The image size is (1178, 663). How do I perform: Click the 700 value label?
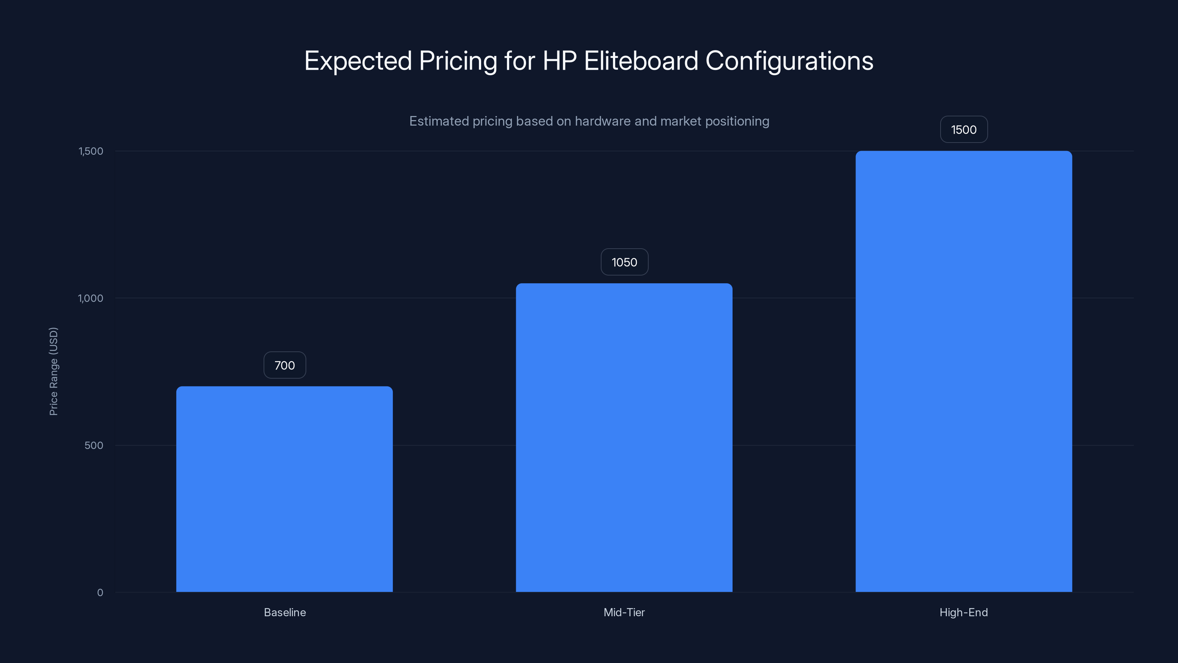click(285, 365)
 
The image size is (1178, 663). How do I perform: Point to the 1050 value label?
click(624, 262)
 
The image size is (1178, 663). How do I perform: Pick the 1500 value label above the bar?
click(963, 130)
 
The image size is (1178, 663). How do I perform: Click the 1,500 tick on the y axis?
click(91, 151)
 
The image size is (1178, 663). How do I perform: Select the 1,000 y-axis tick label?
click(91, 298)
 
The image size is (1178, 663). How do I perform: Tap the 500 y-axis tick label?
click(94, 445)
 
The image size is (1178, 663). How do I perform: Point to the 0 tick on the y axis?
click(100, 593)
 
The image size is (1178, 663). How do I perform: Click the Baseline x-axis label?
click(285, 612)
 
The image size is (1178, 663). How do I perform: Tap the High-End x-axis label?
click(963, 612)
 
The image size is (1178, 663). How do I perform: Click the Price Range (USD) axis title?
click(53, 371)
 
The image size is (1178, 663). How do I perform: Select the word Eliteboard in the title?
click(641, 61)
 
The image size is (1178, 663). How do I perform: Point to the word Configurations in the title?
click(789, 61)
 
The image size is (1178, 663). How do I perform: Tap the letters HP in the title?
click(559, 61)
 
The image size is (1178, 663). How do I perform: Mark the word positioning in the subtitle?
click(737, 121)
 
